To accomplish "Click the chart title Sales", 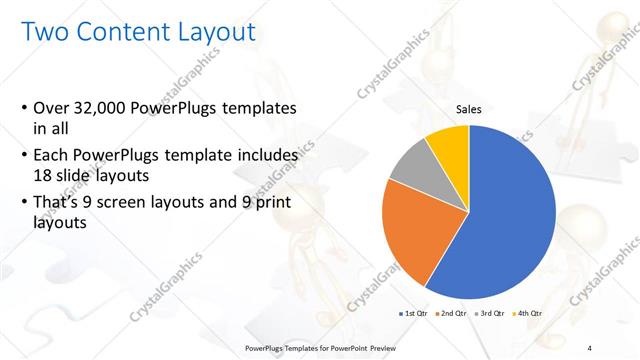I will click(x=469, y=110).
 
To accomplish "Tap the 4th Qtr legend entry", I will click(x=527, y=313).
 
